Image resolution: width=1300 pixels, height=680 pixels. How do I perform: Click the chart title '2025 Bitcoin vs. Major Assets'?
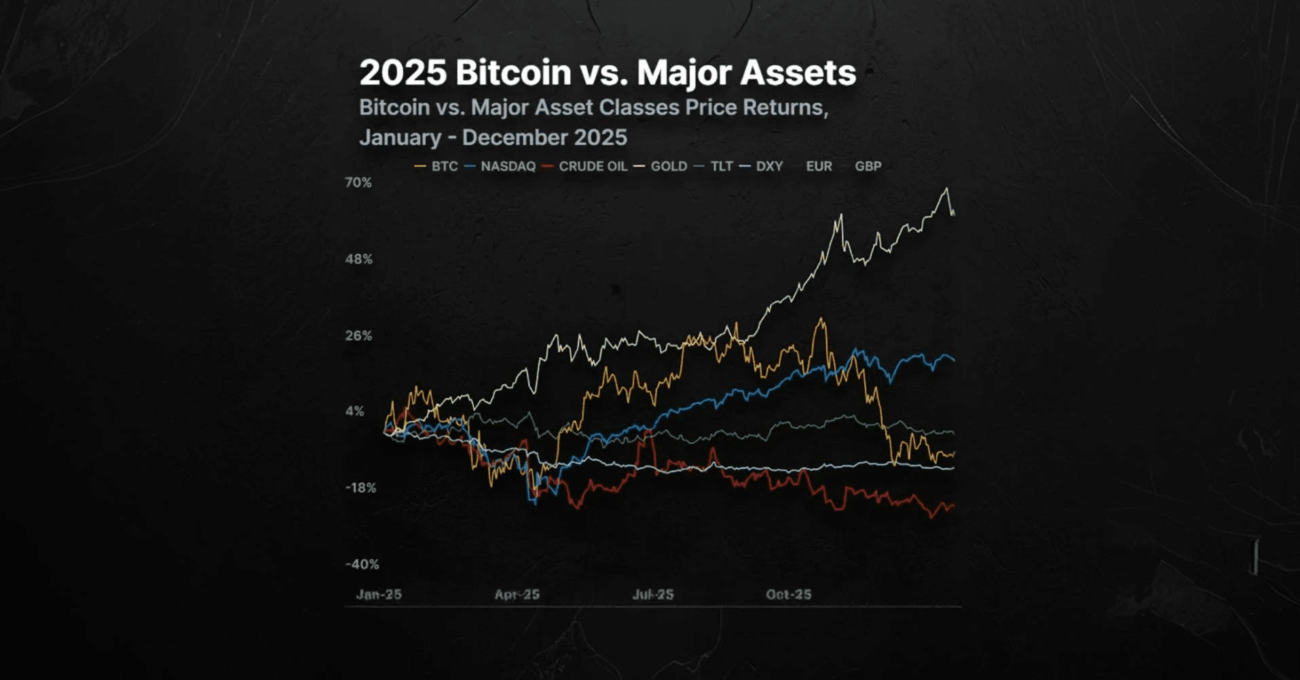coord(607,73)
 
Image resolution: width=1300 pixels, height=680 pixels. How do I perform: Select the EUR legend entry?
coord(819,166)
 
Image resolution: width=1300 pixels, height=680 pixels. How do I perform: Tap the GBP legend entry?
coord(868,166)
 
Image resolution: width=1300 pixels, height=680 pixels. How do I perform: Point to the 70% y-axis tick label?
coord(358,183)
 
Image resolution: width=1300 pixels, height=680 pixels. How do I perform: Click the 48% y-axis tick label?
coord(358,259)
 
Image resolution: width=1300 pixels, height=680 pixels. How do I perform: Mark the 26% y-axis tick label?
coord(358,336)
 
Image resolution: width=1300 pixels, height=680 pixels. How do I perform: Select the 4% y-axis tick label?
coord(355,411)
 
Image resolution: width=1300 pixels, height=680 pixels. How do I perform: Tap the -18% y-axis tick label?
coord(360,488)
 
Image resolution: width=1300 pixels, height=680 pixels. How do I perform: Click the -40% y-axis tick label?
coord(362,565)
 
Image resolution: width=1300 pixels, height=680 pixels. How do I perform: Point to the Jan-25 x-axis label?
coord(379,594)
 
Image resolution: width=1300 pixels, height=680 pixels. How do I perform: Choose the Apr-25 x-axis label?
coord(517,594)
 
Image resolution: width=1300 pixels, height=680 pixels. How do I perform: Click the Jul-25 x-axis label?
coord(653,594)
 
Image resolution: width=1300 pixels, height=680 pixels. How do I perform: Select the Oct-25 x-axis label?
coord(788,594)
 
